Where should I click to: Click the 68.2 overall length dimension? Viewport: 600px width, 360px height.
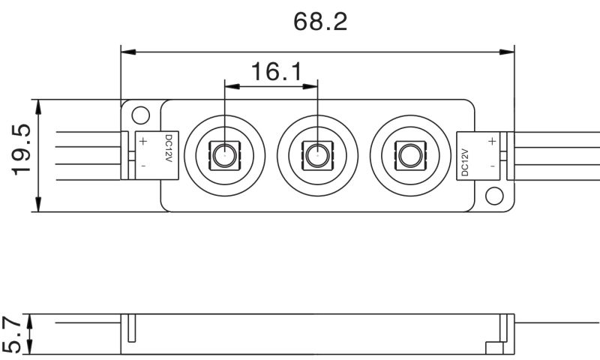click(320, 22)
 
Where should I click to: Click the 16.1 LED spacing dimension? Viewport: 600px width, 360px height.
click(276, 72)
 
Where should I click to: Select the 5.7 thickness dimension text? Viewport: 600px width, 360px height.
click(11, 334)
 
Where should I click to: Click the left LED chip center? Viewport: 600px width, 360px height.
click(223, 156)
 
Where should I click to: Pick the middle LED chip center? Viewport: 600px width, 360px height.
click(315, 156)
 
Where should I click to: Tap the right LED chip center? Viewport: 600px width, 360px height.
click(408, 156)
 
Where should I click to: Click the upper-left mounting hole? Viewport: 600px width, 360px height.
click(139, 115)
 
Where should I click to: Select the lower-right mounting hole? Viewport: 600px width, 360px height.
click(493, 196)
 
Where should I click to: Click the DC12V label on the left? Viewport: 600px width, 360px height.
click(169, 149)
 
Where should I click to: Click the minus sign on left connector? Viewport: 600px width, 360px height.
click(142, 163)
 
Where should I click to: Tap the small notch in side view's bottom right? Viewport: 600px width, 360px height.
click(493, 348)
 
